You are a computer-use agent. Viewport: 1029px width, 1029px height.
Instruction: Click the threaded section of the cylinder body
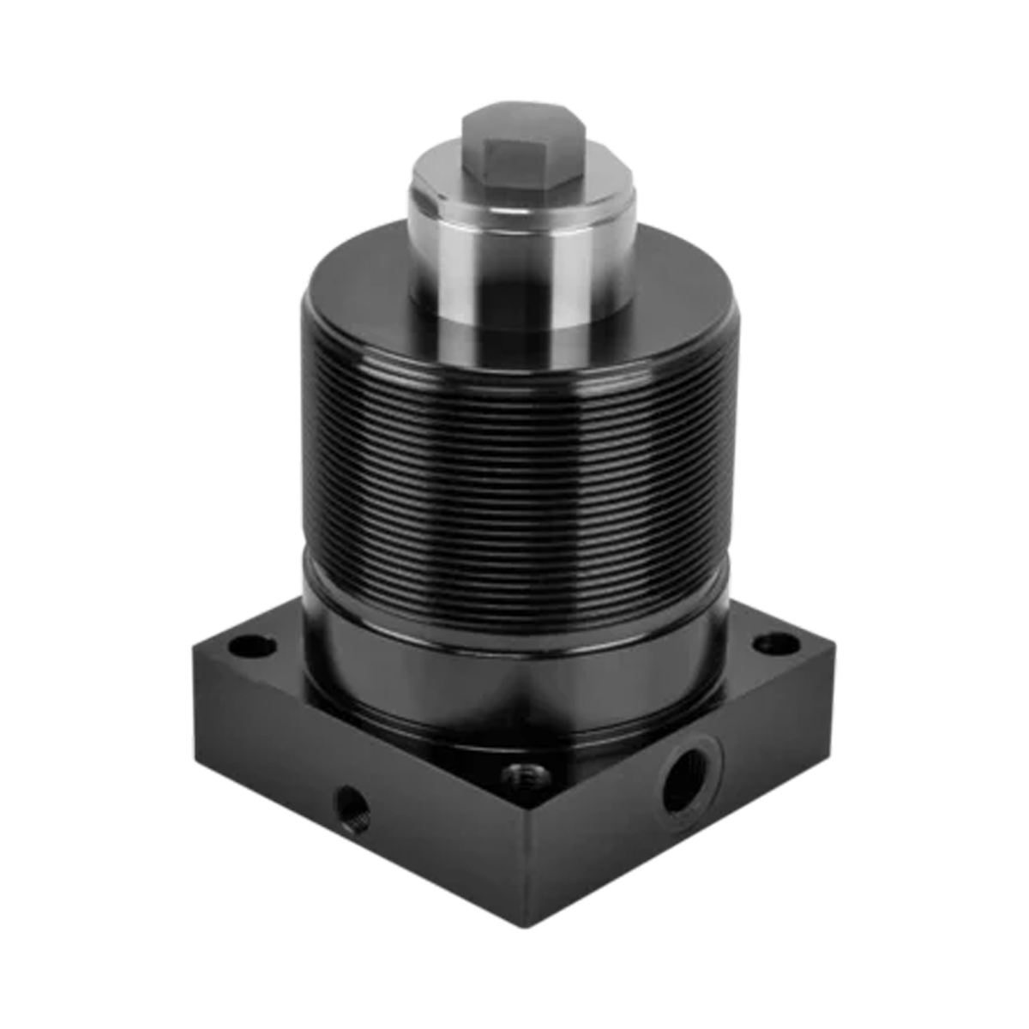pos(514,472)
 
